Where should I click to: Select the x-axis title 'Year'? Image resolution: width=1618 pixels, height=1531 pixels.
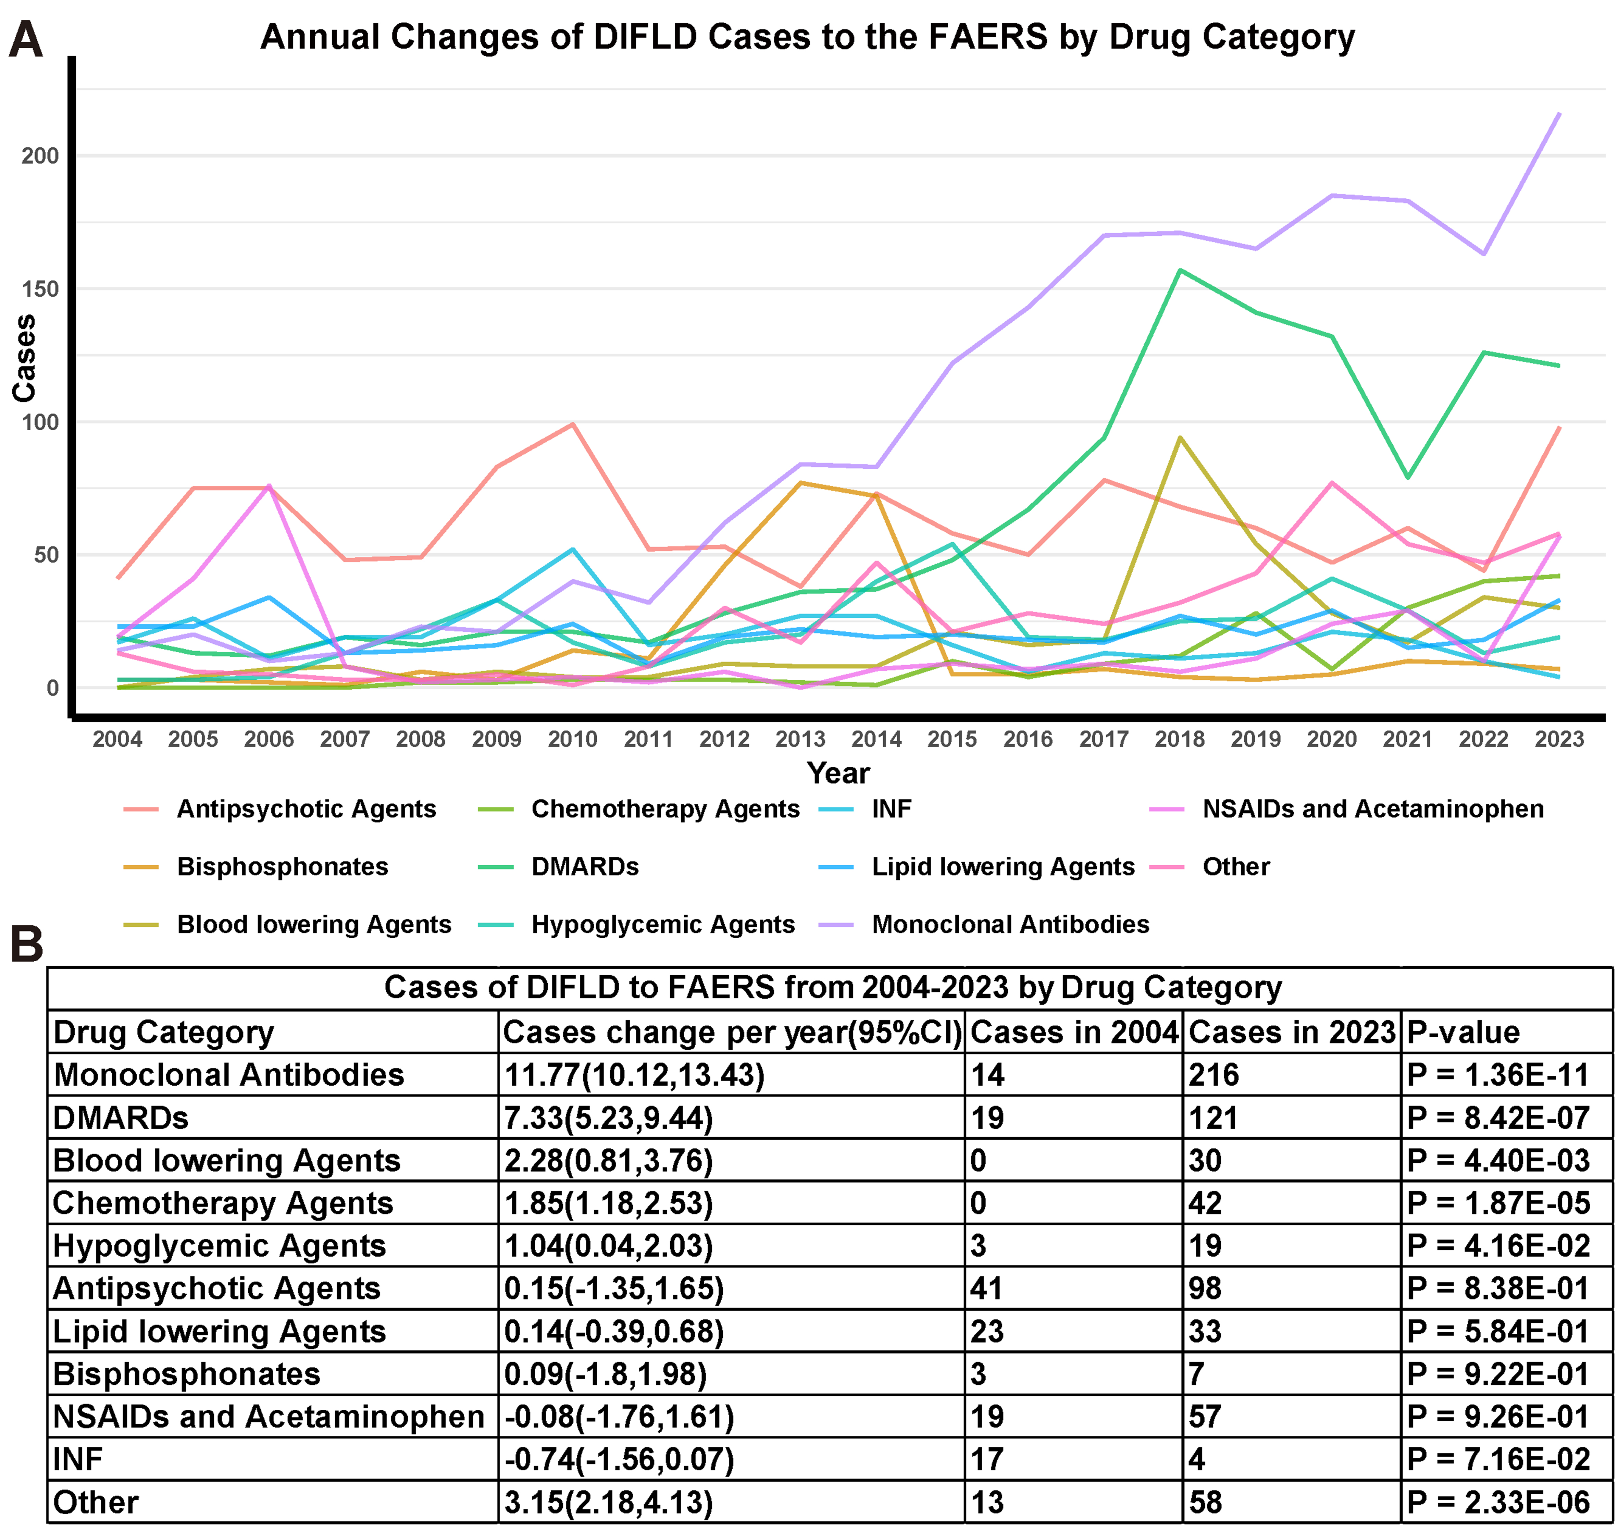tap(838, 773)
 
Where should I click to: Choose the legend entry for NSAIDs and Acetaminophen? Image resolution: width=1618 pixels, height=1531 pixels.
tap(1372, 809)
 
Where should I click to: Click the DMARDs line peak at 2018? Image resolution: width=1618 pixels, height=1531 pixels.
tap(1180, 270)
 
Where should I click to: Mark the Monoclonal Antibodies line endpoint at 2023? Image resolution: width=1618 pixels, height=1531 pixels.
tap(1559, 113)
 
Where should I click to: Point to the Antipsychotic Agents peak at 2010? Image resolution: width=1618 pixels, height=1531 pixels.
tap(573, 423)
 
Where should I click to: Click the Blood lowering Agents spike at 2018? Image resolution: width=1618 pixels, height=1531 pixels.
tap(1180, 437)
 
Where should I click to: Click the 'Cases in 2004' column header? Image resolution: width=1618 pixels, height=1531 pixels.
tap(1074, 1032)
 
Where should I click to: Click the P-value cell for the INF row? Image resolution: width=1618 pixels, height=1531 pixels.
tap(1498, 1459)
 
